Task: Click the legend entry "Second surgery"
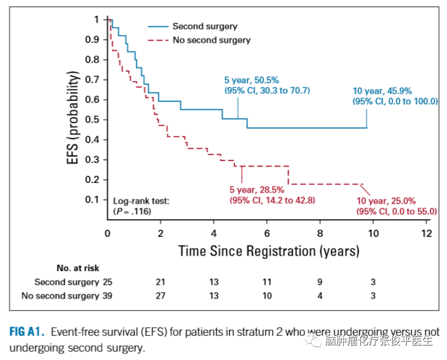point(204,26)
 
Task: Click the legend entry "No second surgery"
point(211,40)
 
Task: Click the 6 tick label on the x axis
point(267,234)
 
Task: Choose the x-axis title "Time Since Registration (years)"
point(269,251)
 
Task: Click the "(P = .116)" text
point(132,211)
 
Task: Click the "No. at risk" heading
point(78,267)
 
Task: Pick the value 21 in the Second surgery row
point(160,281)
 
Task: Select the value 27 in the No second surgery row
point(160,295)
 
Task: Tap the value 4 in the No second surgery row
point(320,295)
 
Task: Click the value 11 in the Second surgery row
point(267,281)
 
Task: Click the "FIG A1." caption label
point(26,331)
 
